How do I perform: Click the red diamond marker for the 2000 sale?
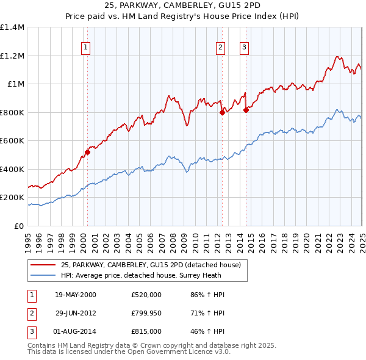click(87, 153)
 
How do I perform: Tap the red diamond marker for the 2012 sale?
click(222, 112)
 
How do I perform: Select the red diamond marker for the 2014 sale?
click(246, 110)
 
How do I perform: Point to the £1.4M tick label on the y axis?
click(12, 27)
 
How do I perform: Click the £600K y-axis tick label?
click(12, 141)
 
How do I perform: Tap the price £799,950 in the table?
click(146, 313)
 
